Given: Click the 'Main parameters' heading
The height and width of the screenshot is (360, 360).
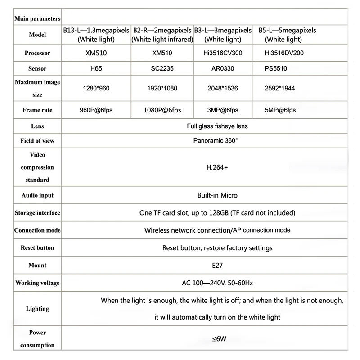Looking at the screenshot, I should tap(37, 18).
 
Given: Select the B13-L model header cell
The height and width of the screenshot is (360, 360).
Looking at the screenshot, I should tap(96, 35).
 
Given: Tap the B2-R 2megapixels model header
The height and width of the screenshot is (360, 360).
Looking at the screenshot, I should tap(162, 35).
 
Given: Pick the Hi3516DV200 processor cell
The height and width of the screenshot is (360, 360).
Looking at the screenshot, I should tap(284, 53).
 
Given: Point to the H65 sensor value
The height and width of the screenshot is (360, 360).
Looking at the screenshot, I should tap(96, 69).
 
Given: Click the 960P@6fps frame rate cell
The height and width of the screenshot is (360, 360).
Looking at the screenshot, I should tap(96, 110).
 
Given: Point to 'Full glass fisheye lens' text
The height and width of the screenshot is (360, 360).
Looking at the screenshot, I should tap(217, 126).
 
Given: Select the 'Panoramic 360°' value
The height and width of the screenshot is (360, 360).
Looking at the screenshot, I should tap(216, 140).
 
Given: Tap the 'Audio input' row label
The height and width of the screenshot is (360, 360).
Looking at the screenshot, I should tap(37, 196).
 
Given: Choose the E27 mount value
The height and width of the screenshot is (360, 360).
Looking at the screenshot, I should tap(217, 265).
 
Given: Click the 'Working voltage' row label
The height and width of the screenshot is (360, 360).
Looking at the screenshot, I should tap(37, 283).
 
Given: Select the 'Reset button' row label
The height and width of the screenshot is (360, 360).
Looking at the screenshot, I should tap(37, 248).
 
